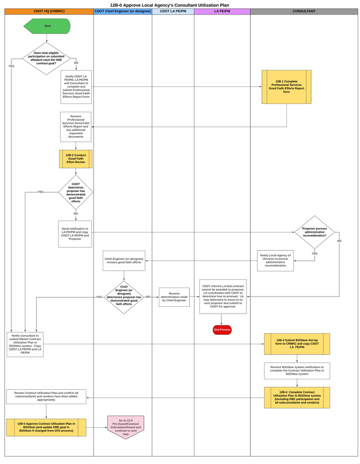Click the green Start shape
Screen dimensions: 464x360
(47, 27)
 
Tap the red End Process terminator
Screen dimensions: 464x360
(222, 330)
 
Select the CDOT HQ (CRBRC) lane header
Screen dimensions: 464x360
(49, 12)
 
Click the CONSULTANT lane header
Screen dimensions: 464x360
(304, 12)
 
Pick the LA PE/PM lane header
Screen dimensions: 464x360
(222, 12)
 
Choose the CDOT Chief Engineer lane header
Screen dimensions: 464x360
(123, 12)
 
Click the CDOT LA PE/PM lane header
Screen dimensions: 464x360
(173, 12)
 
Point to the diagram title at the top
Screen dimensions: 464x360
(179, 4)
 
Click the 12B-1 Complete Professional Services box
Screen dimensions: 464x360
(286, 87)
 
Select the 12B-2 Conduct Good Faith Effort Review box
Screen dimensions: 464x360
(76, 159)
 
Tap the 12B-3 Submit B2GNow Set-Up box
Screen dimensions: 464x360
(296, 344)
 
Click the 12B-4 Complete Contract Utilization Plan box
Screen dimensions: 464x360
(296, 397)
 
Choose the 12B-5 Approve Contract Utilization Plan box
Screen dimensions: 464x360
(47, 428)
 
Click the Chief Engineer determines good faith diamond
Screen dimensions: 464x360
(124, 297)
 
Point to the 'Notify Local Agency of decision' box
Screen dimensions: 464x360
(275, 260)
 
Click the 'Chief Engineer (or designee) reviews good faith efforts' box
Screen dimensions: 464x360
(124, 261)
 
